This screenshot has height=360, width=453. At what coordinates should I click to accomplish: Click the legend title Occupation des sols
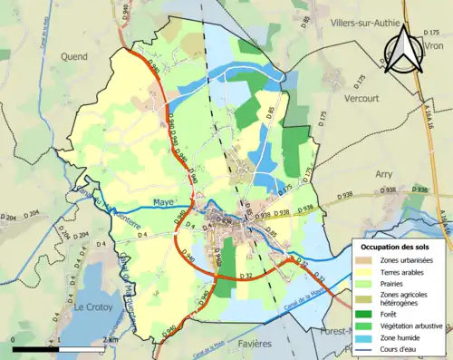pyautogui.click(x=399, y=247)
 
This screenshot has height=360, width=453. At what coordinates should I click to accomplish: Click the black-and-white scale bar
pyautogui.click(x=61, y=348)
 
